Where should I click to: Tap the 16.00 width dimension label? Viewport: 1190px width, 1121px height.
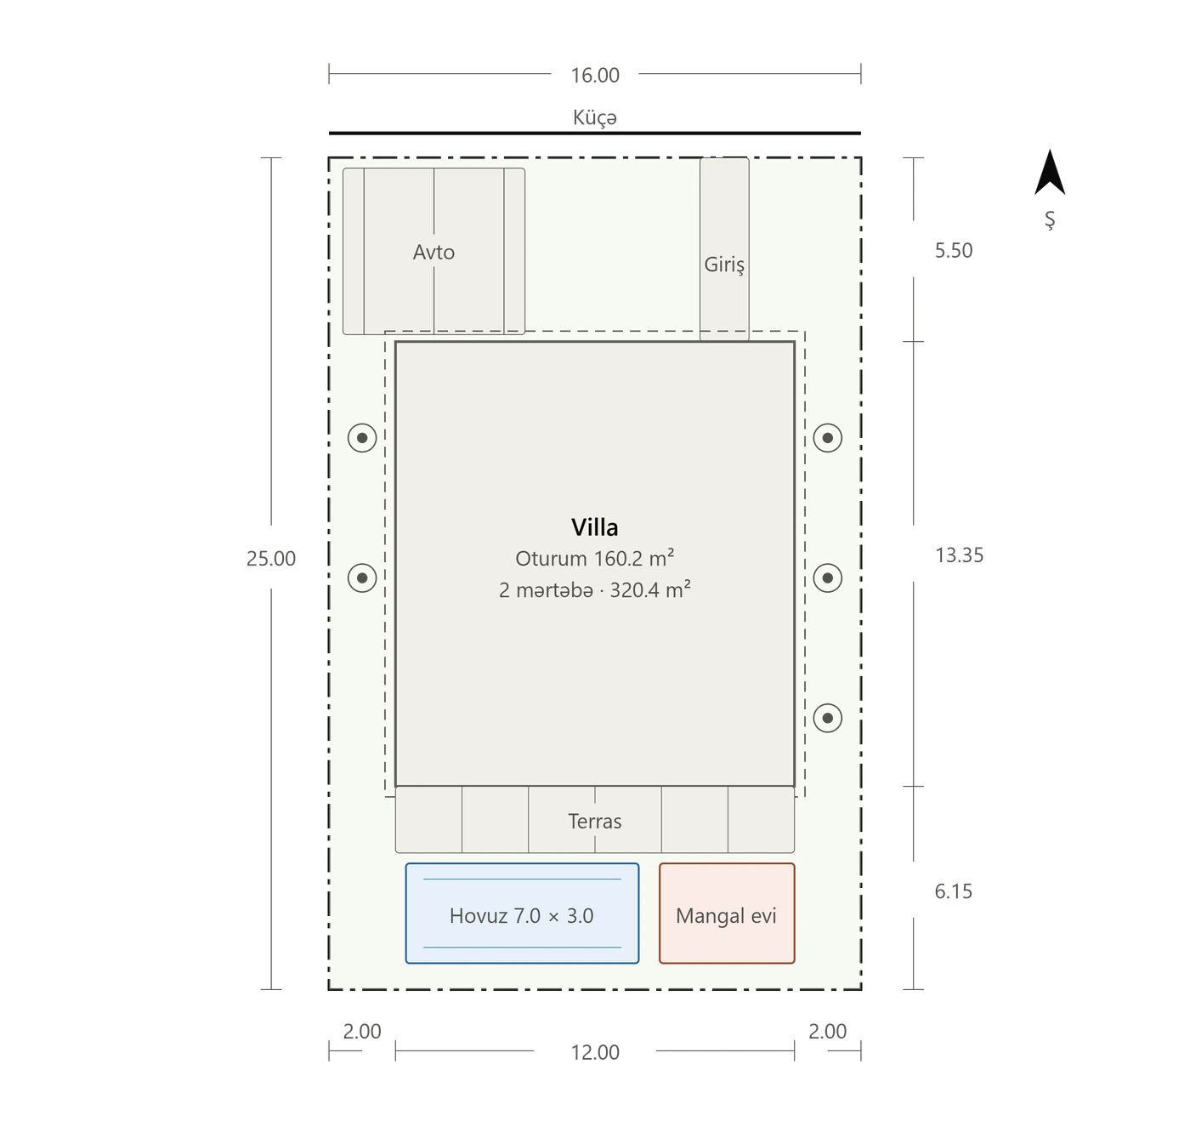click(594, 76)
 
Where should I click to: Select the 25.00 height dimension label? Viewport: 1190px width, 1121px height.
click(271, 559)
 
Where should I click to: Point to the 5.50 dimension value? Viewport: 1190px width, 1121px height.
click(954, 250)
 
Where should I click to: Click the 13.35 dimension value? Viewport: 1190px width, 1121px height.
click(959, 555)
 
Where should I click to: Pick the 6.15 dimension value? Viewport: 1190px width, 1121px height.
click(953, 891)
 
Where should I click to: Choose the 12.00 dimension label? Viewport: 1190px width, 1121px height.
click(594, 1052)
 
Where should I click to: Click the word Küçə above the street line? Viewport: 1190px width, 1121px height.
click(594, 117)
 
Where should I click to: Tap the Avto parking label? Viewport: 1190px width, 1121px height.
click(433, 252)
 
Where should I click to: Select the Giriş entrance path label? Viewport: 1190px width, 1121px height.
click(724, 265)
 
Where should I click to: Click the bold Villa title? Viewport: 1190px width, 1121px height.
click(594, 527)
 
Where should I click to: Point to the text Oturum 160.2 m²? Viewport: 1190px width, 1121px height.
click(594, 558)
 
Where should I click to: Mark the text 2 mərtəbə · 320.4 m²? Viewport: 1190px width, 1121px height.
click(594, 589)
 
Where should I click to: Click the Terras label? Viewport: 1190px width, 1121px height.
click(594, 821)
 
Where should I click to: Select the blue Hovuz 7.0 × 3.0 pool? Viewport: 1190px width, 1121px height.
click(522, 913)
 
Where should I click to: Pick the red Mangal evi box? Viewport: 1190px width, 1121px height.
click(726, 913)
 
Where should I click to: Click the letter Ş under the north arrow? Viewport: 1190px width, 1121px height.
click(1049, 219)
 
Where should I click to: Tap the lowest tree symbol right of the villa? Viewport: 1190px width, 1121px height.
click(827, 718)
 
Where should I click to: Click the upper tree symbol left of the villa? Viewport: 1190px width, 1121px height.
click(362, 438)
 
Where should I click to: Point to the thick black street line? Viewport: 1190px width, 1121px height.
click(594, 134)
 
